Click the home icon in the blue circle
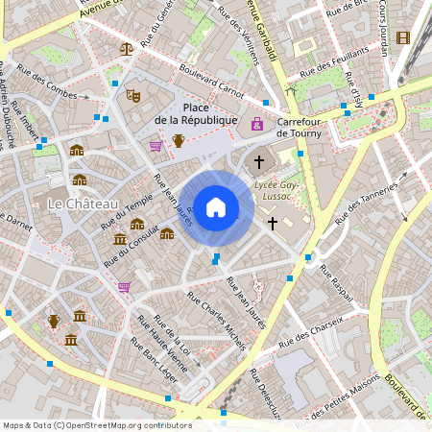[x=216, y=207]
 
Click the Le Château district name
[x=82, y=204]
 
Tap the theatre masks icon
[x=133, y=95]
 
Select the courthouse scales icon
[x=127, y=47]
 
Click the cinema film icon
[x=401, y=37]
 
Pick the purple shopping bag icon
[x=257, y=123]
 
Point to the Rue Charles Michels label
[x=216, y=314]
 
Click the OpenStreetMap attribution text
[x=97, y=425]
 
